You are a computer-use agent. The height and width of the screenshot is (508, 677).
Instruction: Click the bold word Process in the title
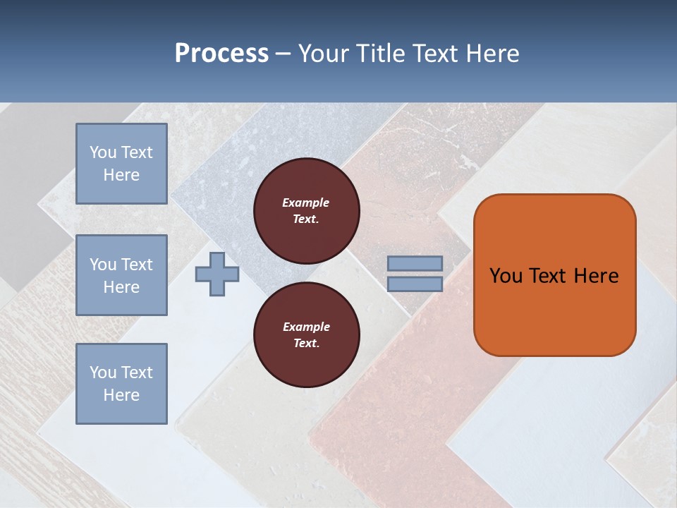coord(221,53)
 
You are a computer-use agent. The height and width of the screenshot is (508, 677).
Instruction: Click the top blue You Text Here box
coord(121,164)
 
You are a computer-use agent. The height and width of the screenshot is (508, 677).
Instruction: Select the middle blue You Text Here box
coord(121,275)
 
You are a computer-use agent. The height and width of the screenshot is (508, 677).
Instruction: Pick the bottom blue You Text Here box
coord(121,384)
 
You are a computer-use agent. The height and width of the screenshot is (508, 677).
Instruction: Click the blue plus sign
coord(217,274)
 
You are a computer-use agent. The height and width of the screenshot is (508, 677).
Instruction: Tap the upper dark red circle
coord(306,211)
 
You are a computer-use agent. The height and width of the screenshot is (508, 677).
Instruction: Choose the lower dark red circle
coord(306,335)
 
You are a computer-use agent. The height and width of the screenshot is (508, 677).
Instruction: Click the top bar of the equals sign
coord(415,264)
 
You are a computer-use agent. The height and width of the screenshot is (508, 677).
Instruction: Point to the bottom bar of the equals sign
coord(415,284)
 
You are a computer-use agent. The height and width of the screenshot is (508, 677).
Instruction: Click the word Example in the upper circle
coord(306,202)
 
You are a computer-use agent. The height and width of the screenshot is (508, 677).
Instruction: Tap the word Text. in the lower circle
coord(306,344)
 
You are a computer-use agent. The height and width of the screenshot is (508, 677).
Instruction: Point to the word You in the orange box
coord(506,276)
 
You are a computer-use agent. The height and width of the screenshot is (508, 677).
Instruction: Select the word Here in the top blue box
coord(121,175)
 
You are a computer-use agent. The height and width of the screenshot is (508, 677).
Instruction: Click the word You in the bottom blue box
coord(103,373)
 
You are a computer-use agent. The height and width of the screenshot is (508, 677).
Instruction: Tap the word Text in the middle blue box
coord(136,265)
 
